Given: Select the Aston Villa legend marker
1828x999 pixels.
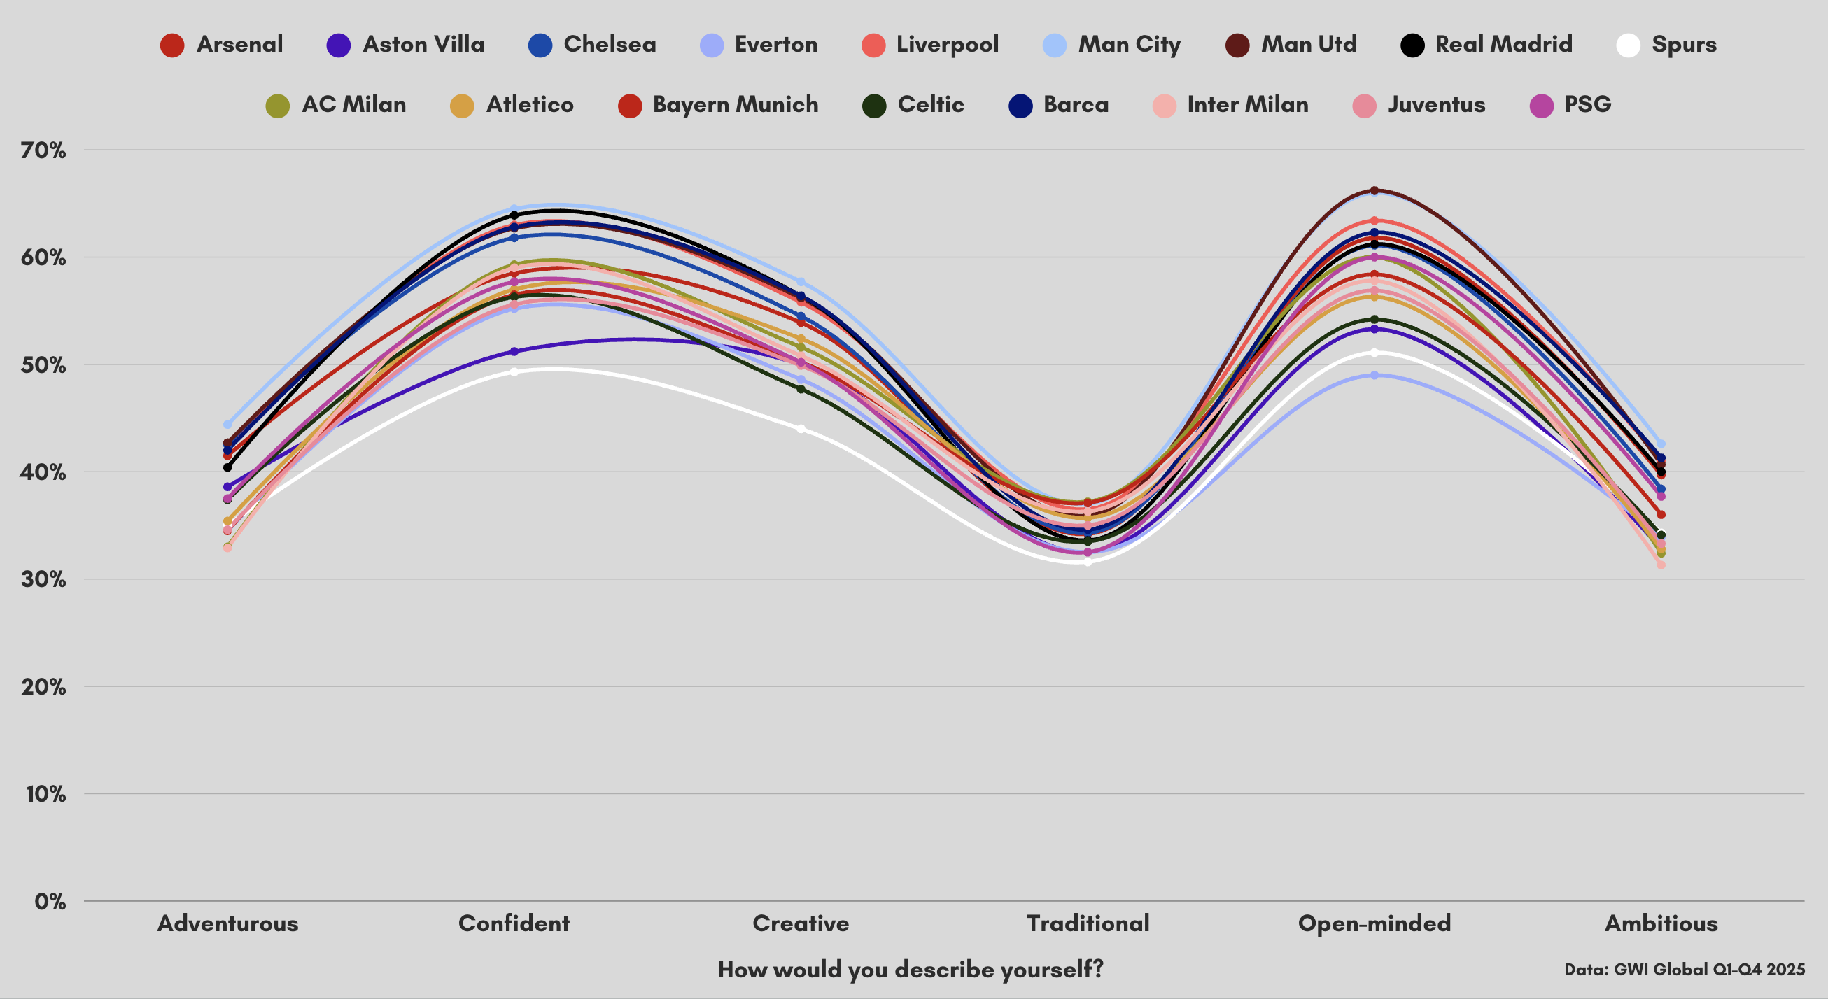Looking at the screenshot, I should tap(339, 45).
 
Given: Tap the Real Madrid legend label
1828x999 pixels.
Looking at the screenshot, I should tap(1503, 45).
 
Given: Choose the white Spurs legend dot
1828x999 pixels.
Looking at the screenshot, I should tap(1628, 45).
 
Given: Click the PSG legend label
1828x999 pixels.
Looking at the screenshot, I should tap(1587, 105).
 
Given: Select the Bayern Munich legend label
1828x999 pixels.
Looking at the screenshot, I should tap(735, 105).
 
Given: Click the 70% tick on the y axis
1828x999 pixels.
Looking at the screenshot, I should tap(43, 150).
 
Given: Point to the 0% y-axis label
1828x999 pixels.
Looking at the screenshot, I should tap(50, 902).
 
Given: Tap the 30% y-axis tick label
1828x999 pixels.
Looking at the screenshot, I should tap(43, 580).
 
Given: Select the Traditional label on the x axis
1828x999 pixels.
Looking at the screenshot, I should tap(1087, 923).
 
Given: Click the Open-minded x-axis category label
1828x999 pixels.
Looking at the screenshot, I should tap(1374, 923).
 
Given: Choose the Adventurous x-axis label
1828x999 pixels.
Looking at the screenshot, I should tap(227, 923).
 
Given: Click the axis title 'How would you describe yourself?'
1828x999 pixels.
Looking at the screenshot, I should tap(911, 969).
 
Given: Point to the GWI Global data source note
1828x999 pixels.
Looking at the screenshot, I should tap(1684, 969).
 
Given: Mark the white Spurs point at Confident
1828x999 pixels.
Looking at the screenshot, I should tap(514, 371).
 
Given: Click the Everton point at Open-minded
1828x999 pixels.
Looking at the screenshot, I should tap(1374, 376).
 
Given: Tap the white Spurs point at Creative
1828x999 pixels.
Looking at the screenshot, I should tap(801, 429).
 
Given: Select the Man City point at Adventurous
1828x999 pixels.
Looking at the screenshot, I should tap(227, 424).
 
